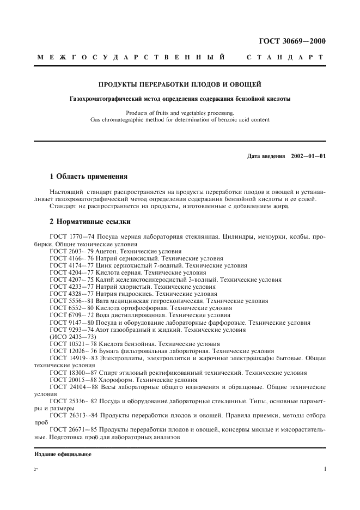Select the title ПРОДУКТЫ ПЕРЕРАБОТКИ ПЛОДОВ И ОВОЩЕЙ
pyautogui.click(x=179, y=84)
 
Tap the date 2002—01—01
pyautogui.click(x=308, y=156)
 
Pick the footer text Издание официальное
pyautogui.click(x=63, y=454)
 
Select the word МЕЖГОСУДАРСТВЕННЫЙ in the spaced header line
pyautogui.click(x=131, y=57)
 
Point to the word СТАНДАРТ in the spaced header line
pyautogui.click(x=285, y=57)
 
